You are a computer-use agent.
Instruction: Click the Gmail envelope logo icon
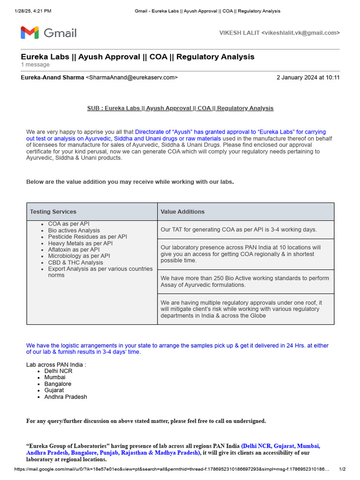click(x=30, y=33)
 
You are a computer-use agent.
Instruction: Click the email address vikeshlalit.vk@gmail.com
click(x=300, y=33)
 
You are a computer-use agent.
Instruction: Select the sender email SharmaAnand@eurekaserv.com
click(x=132, y=77)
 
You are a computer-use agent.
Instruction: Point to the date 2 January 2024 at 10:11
click(x=308, y=77)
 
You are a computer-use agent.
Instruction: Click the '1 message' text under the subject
click(x=35, y=65)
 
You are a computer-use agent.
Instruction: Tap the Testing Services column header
click(x=53, y=212)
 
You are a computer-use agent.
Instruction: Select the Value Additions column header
click(x=182, y=212)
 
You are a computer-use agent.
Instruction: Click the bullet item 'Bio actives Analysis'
click(x=74, y=231)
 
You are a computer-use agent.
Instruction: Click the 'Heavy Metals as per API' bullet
click(x=80, y=243)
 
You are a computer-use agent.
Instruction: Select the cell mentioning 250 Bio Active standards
click(x=245, y=281)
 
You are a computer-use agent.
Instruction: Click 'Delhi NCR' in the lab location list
click(x=58, y=371)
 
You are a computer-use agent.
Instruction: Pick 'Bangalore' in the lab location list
click(x=58, y=384)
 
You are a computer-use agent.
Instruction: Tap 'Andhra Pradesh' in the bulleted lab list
click(x=66, y=397)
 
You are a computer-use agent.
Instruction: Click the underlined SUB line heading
click(x=180, y=108)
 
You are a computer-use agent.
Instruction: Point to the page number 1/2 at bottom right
click(x=342, y=469)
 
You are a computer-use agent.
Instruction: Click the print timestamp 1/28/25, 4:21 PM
click(x=33, y=11)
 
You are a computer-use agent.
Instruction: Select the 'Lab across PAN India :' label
click(x=56, y=364)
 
